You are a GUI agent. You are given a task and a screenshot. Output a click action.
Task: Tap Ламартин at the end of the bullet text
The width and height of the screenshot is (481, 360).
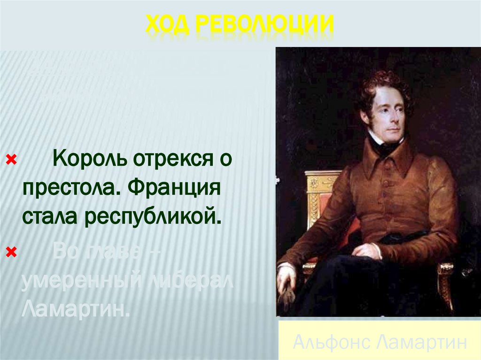pyautogui.click(x=75, y=309)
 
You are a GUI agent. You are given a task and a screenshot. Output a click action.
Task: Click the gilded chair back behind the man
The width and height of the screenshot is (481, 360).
pyautogui.click(x=319, y=197)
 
